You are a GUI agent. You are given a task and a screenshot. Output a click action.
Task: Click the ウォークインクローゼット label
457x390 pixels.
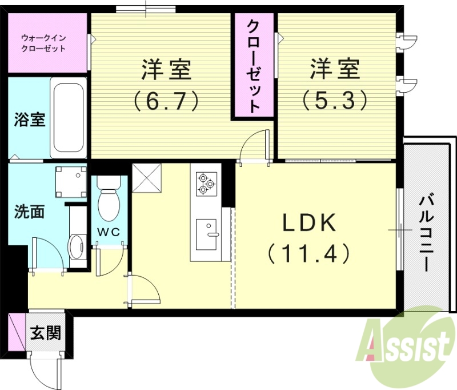[x=43, y=43]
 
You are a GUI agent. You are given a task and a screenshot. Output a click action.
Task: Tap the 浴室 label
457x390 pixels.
[x=30, y=122]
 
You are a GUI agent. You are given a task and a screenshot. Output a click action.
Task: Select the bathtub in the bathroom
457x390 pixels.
[x=68, y=120]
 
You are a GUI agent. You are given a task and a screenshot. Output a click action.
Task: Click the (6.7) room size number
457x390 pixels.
[x=166, y=101]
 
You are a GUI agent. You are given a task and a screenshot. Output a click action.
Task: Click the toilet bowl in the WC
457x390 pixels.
[x=107, y=204]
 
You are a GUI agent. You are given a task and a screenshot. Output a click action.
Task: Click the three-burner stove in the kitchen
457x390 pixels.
[x=206, y=183]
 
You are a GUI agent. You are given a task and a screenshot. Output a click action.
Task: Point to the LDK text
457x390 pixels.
[x=308, y=224]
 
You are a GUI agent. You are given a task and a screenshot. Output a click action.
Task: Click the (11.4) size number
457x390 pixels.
[x=308, y=252]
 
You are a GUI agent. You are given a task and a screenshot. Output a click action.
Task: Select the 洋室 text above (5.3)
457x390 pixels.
[x=335, y=70]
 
